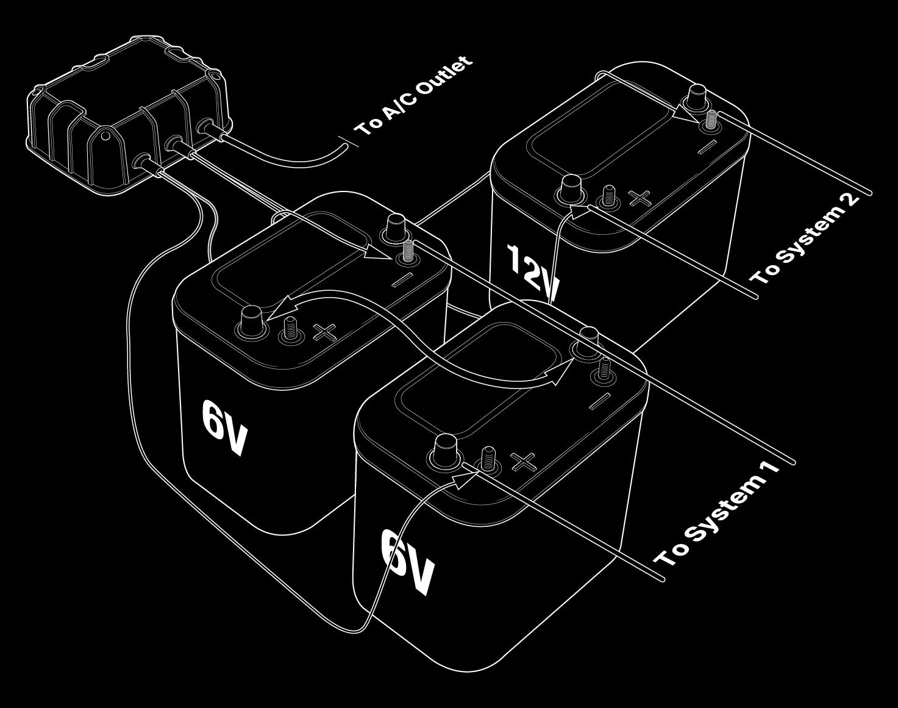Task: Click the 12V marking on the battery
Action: (532, 271)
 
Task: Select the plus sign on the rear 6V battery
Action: (325, 332)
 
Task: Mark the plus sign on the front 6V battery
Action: (523, 462)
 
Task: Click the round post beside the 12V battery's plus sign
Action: (571, 188)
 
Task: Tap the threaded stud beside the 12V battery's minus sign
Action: (711, 121)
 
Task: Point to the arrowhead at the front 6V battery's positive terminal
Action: (465, 477)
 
